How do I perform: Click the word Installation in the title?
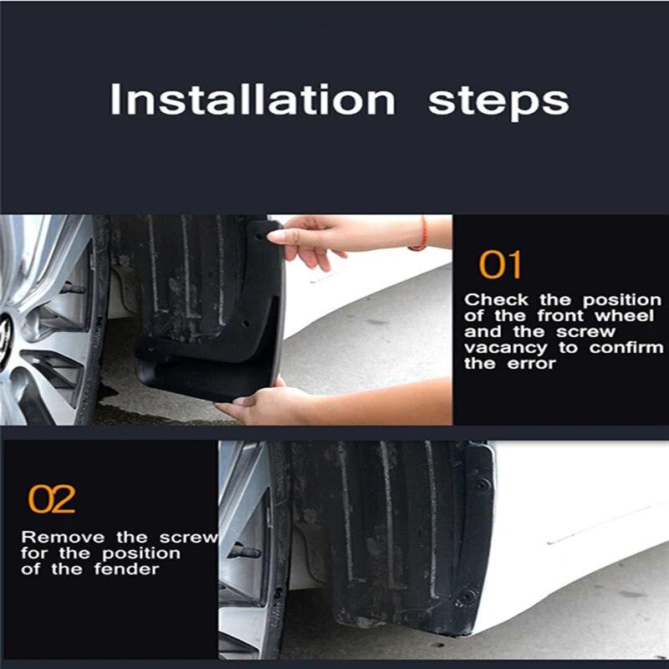pyautogui.click(x=252, y=100)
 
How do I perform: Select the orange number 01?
pyautogui.click(x=500, y=265)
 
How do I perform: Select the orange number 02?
pyautogui.click(x=52, y=499)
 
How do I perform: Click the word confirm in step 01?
pyautogui.click(x=626, y=348)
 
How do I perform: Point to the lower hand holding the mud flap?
pyautogui.click(x=259, y=406)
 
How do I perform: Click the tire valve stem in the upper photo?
pyautogui.click(x=73, y=289)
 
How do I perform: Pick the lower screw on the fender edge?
pyautogui.click(x=466, y=596)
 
